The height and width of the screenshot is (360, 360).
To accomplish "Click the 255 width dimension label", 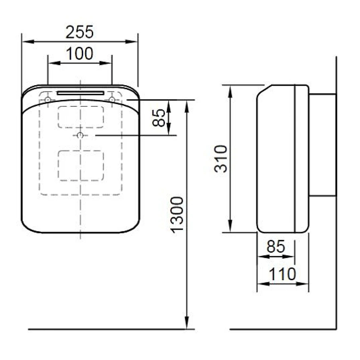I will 80,32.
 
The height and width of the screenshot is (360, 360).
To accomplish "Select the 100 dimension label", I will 80,54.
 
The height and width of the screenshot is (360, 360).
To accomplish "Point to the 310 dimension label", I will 221,158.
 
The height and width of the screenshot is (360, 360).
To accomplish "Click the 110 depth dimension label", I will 282,274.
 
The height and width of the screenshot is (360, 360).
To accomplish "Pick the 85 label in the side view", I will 276,247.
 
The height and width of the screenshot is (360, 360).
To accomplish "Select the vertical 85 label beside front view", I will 159,118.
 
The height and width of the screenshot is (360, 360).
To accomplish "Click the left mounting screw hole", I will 48,99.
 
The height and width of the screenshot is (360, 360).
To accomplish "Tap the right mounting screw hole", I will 112,99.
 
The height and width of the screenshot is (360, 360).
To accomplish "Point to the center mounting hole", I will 80,136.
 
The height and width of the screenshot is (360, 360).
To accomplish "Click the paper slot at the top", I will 80,93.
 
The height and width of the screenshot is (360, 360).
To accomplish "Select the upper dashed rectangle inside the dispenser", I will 81,117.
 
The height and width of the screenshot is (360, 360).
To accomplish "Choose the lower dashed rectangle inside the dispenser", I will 81,166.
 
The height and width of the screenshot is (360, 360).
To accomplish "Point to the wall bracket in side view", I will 322,145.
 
